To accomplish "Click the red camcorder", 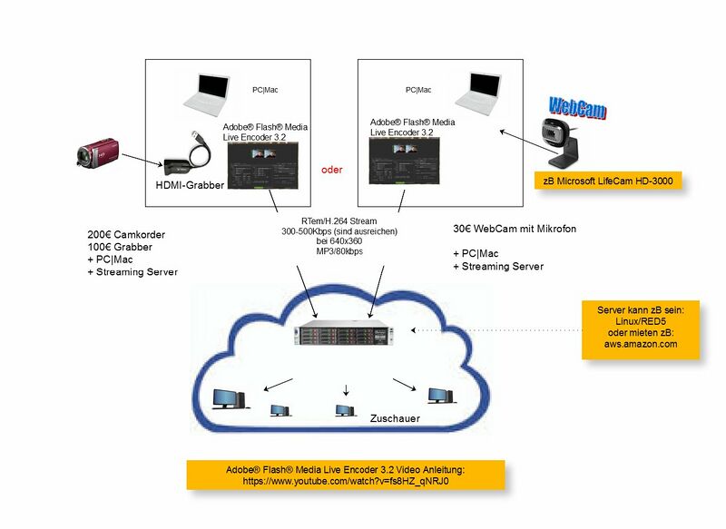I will (96, 152).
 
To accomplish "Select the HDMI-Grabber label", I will (191, 185).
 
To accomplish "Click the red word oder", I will (332, 169).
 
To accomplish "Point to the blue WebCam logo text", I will (576, 106).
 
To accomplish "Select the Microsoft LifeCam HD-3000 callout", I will (608, 181).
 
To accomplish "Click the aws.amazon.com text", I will (641, 345).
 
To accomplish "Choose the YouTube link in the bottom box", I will (345, 482).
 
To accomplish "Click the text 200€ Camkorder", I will (126, 234).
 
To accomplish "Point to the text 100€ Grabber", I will (120, 247).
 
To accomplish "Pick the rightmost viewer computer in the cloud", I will (439, 396).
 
